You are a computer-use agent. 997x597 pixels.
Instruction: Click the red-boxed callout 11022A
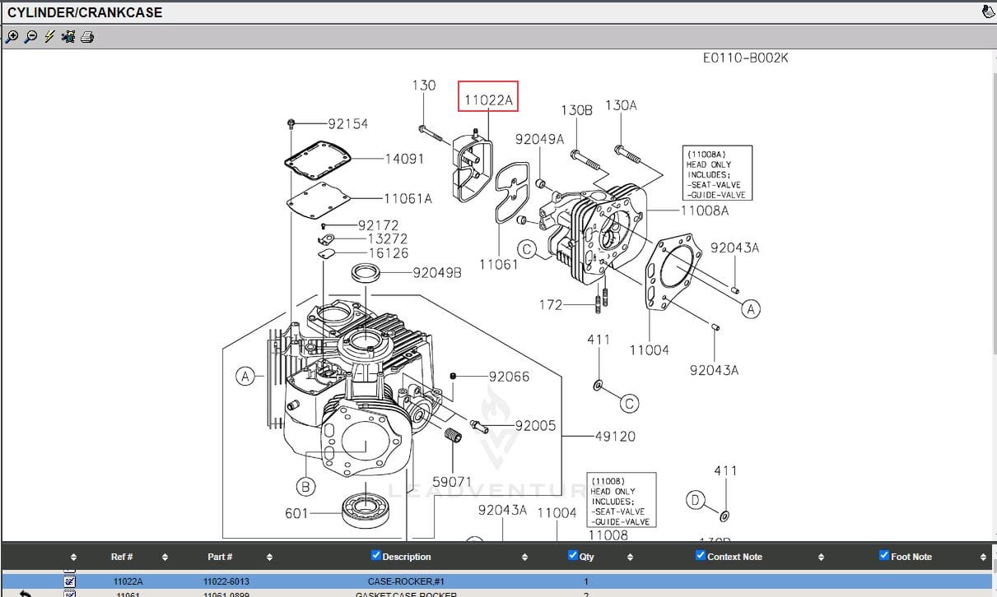(x=488, y=100)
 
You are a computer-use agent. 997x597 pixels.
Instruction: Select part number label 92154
(x=347, y=124)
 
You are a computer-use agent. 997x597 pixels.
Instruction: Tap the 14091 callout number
(x=404, y=159)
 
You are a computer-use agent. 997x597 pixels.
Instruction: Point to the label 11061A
(x=408, y=198)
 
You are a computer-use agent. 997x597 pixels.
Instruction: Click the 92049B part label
(x=437, y=272)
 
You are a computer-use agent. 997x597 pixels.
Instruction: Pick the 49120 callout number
(x=614, y=436)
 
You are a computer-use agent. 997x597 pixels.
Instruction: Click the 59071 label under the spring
(x=452, y=482)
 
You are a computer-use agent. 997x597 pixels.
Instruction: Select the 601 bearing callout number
(x=296, y=513)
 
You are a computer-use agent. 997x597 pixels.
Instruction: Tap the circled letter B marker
(x=305, y=487)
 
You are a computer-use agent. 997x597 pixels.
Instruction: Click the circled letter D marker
(x=696, y=500)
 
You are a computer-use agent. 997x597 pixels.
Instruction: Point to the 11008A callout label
(x=705, y=211)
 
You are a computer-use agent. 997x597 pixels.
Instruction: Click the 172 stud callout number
(x=551, y=305)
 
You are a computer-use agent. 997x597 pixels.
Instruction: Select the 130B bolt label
(x=576, y=110)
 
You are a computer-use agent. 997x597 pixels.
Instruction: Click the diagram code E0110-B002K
(x=745, y=58)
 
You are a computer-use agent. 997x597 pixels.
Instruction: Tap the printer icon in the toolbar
(x=87, y=37)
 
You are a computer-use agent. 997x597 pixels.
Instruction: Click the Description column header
(x=406, y=557)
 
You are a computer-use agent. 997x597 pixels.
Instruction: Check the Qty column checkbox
(x=573, y=555)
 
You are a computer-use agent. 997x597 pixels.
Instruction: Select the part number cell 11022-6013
(x=226, y=581)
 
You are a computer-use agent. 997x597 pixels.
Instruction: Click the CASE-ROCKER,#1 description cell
(x=406, y=581)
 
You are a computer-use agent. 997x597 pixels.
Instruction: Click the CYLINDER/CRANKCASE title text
(x=85, y=12)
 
